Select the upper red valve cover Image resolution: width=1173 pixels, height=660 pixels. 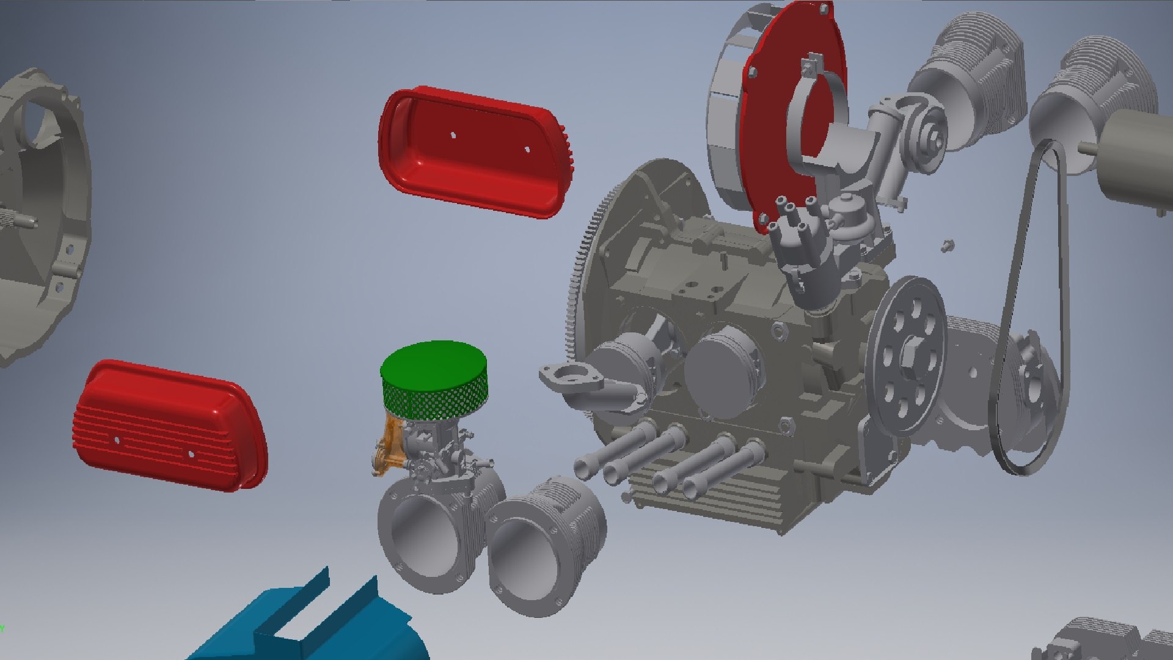(x=473, y=153)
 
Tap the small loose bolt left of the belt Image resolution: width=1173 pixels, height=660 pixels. (x=948, y=245)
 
